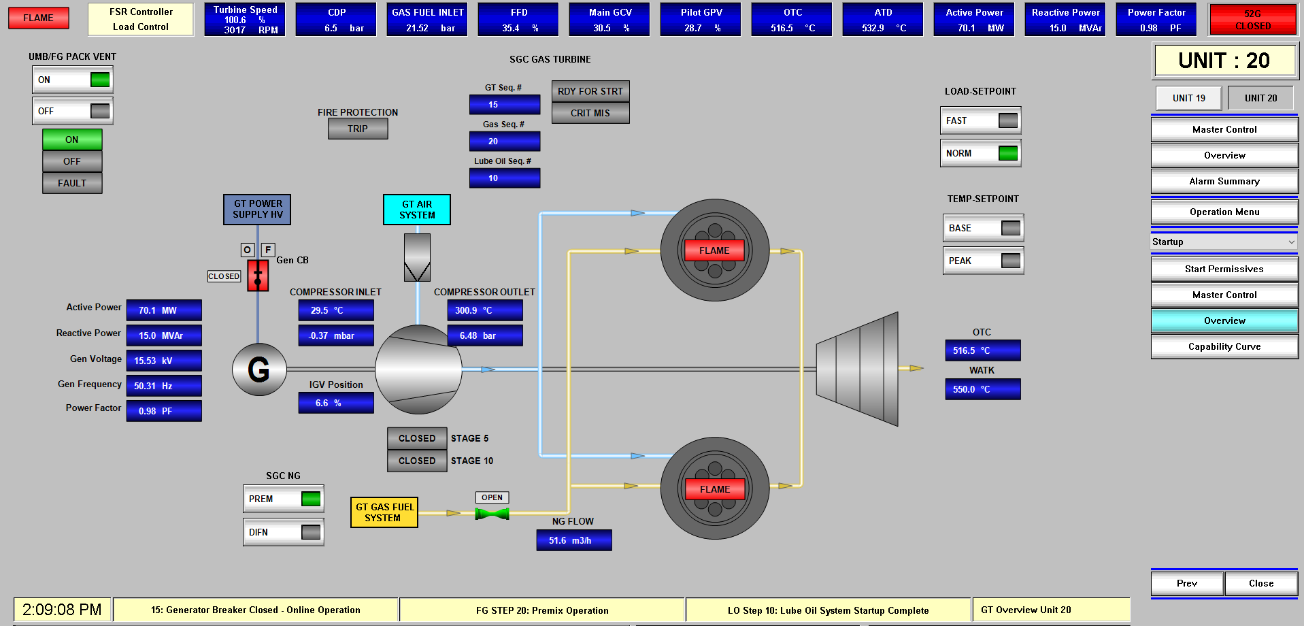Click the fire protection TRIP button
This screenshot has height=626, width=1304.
(358, 129)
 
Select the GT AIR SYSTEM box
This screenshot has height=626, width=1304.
(416, 210)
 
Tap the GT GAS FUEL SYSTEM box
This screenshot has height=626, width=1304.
(384, 512)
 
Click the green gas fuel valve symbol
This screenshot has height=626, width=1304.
(492, 514)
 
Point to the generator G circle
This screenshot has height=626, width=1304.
(259, 369)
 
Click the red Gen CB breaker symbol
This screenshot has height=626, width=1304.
(258, 276)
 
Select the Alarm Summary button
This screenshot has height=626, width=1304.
(1224, 181)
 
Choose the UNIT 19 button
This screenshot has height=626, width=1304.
(1188, 98)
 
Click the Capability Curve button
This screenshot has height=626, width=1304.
(1224, 346)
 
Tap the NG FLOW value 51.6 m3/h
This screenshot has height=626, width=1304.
(573, 540)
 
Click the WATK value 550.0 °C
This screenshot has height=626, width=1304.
(982, 389)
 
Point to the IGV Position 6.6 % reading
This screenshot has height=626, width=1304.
(336, 403)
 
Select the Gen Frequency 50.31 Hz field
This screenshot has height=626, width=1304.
(164, 386)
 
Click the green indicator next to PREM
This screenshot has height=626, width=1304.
(311, 499)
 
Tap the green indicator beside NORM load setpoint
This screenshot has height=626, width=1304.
(1008, 153)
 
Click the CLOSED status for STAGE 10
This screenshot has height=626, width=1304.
(417, 461)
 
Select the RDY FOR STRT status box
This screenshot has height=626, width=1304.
(590, 91)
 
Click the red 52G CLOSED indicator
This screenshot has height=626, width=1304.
(1252, 20)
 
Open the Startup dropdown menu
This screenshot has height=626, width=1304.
(1224, 242)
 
